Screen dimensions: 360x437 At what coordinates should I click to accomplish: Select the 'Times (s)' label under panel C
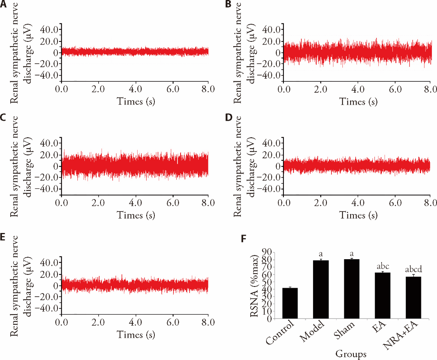(x=135, y=215)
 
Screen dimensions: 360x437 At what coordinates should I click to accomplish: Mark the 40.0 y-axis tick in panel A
(x=50, y=29)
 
